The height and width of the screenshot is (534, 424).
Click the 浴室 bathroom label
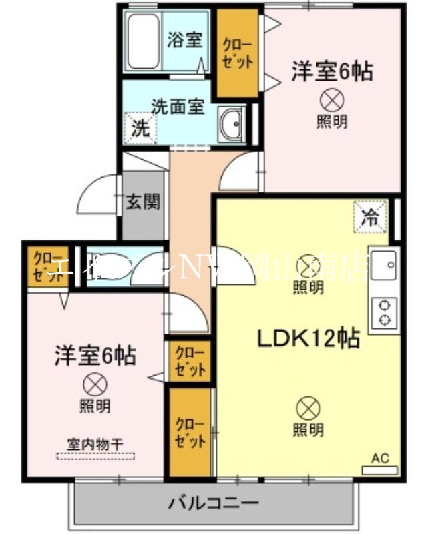click(x=184, y=39)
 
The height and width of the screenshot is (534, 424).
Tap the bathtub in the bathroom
click(x=143, y=41)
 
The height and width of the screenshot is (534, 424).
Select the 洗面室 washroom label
click(x=178, y=107)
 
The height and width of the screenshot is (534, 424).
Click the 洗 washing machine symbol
click(x=140, y=127)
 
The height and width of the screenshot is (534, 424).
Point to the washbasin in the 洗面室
click(x=233, y=123)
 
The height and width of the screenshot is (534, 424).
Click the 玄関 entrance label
click(x=143, y=201)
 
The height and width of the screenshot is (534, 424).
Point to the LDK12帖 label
click(x=309, y=338)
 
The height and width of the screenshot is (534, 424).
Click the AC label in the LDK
click(x=379, y=459)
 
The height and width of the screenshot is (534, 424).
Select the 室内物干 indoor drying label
click(x=94, y=443)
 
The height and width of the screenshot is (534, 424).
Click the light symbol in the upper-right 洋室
click(x=331, y=101)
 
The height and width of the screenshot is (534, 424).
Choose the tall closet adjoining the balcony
click(x=189, y=433)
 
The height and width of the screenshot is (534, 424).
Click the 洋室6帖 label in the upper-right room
click(x=331, y=71)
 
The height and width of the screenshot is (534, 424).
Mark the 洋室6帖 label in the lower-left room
click(x=95, y=355)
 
